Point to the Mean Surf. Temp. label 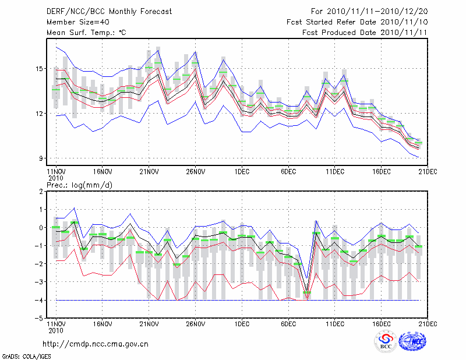point(86,33)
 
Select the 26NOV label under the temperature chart point(195,172)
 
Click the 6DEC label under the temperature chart point(288,172)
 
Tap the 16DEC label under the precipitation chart point(382,324)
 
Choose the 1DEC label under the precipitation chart point(242,324)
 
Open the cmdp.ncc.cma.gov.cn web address point(96,344)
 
